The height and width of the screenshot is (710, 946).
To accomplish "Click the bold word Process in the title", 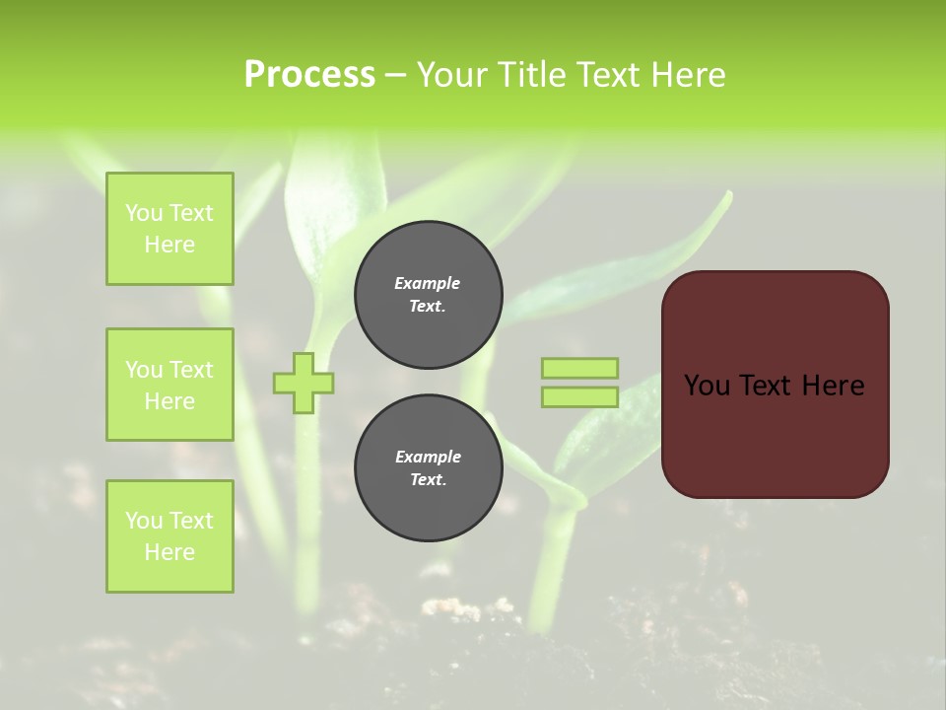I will pyautogui.click(x=309, y=75).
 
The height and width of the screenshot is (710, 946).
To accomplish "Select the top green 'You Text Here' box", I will pyautogui.click(x=169, y=229).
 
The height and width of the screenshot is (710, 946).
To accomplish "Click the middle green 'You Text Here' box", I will pyautogui.click(x=169, y=385).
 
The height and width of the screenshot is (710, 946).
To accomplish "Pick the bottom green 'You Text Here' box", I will pyautogui.click(x=169, y=536).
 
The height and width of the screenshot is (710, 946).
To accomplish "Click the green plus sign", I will pyautogui.click(x=304, y=383).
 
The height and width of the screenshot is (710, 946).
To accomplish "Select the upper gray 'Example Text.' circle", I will pyautogui.click(x=428, y=295).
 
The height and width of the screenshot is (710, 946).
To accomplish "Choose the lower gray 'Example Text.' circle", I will pyautogui.click(x=428, y=468).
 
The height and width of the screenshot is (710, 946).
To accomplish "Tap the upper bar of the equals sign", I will pyautogui.click(x=579, y=369).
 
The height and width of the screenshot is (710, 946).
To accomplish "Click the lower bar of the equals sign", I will pyautogui.click(x=579, y=397).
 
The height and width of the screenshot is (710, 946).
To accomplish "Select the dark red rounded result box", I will pyautogui.click(x=775, y=434).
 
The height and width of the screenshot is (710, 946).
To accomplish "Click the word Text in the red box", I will pyautogui.click(x=769, y=386).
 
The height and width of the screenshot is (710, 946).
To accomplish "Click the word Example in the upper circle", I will pyautogui.click(x=428, y=283).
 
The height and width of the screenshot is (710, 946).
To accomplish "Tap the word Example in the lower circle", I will pyautogui.click(x=428, y=457).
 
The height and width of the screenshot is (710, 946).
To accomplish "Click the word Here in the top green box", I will pyautogui.click(x=169, y=245).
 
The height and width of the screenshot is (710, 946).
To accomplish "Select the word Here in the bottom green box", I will pyautogui.click(x=169, y=552).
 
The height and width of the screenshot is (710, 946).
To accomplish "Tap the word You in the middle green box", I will pyautogui.click(x=144, y=370).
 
